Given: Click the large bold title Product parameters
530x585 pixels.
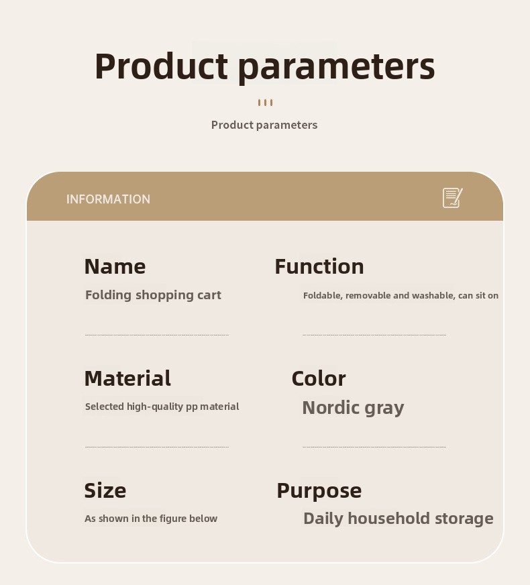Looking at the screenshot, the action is (x=265, y=66).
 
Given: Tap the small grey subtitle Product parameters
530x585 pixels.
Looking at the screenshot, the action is (x=264, y=125).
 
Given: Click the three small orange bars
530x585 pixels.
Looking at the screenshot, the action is (x=265, y=103).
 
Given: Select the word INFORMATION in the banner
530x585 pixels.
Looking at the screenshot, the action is (x=108, y=199).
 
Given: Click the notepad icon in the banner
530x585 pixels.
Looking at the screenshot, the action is (x=452, y=198).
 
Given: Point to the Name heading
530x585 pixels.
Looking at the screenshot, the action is (x=115, y=266).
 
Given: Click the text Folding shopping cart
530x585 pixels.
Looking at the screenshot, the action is (x=153, y=295).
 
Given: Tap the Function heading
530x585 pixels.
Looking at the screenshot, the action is (x=319, y=266).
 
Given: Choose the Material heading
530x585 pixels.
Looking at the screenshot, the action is (x=127, y=378).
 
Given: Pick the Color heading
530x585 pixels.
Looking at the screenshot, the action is (x=319, y=378).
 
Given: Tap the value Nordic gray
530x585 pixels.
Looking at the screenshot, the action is (x=353, y=408).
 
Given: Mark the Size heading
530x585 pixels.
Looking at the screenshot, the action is (x=105, y=490).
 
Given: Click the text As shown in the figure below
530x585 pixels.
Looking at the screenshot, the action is (x=151, y=519).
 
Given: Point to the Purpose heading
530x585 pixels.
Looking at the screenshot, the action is (x=319, y=491).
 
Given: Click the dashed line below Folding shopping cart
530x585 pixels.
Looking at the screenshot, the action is (x=157, y=335).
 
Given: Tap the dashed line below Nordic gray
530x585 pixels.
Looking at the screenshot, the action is (x=374, y=447).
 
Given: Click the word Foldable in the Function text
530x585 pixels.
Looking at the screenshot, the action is (x=323, y=295).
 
